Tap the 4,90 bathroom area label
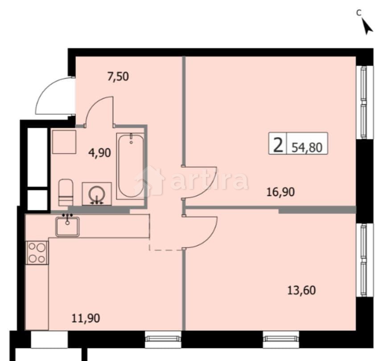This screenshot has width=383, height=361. click(100, 152)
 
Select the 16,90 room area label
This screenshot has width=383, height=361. click(281, 192)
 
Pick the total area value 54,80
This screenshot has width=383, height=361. click(307, 147)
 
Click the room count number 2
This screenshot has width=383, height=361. click(277, 145)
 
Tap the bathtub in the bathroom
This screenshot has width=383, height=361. click(131, 166)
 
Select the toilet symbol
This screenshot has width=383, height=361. click(66, 192)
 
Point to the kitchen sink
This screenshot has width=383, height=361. click(67, 226)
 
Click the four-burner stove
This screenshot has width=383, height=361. click(37, 252)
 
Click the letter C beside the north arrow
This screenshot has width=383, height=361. click(358, 12)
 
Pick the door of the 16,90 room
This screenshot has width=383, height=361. click(201, 180)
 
